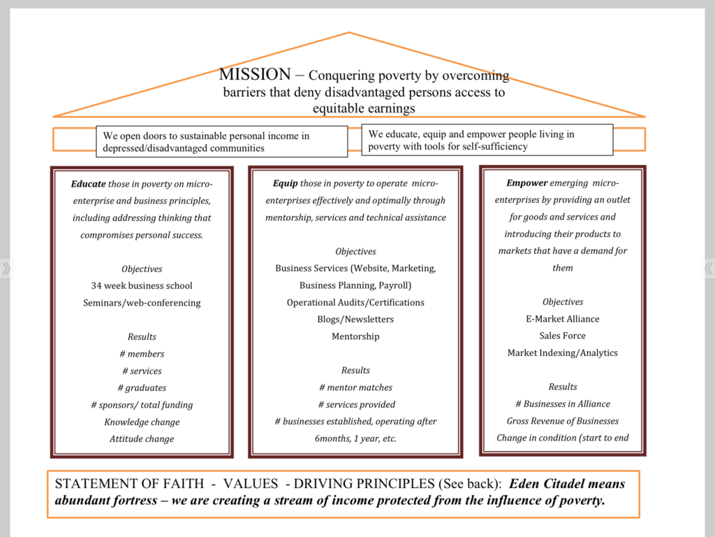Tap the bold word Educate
[89, 184]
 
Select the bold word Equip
[286, 183]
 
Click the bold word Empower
[526, 183]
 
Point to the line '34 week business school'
[142, 286]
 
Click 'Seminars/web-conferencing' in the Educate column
[142, 303]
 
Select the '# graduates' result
[142, 388]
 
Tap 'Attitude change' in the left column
[142, 439]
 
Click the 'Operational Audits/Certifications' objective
[355, 303]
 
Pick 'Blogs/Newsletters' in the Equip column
[355, 320]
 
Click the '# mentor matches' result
[355, 387]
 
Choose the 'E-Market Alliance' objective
[562, 319]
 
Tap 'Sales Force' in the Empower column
[562, 336]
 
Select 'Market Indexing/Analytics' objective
[562, 353]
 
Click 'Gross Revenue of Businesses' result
[562, 421]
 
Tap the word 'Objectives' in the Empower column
[562, 302]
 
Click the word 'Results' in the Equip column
[355, 371]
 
